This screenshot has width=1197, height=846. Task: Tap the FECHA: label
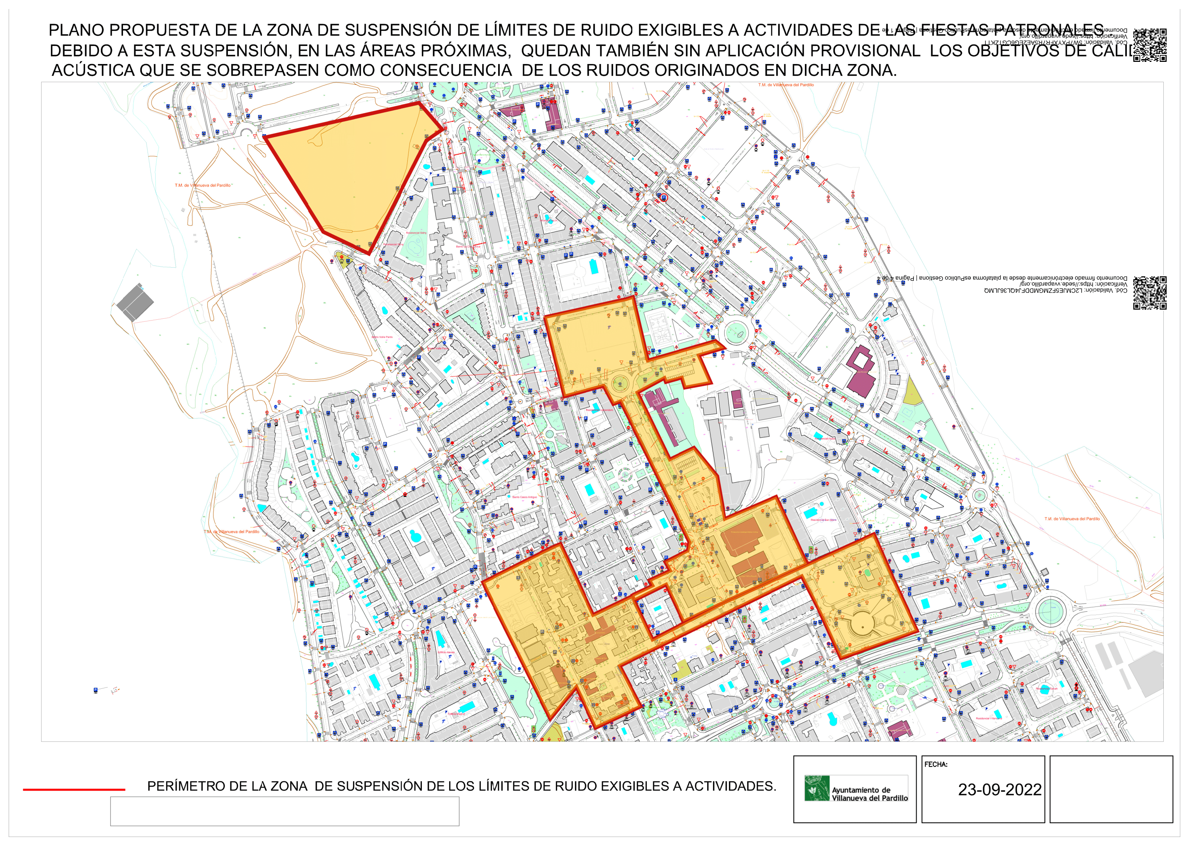pos(936,765)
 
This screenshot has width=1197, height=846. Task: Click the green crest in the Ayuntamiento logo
pos(816,788)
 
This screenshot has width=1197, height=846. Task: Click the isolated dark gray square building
pos(135,302)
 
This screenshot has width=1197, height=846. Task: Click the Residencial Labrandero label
pos(599,410)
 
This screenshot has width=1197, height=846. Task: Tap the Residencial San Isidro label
pos(823,520)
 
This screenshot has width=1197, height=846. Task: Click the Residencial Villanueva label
pos(989,718)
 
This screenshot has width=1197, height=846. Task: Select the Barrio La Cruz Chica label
pos(468,247)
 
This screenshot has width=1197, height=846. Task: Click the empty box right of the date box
pos(1111,789)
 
